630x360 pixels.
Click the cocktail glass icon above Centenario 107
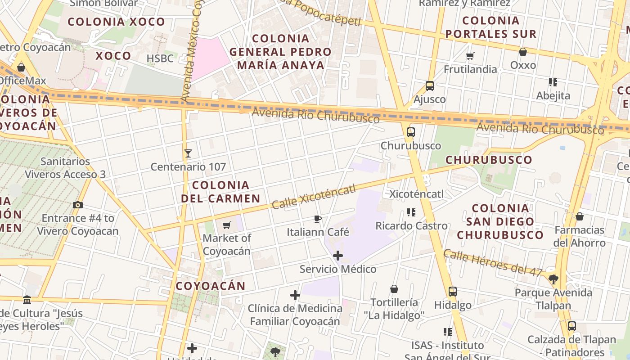188,153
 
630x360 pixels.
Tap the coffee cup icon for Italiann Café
318,219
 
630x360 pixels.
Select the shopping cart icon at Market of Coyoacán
227,225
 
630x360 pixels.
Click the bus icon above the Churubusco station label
410,132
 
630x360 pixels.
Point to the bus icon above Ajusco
430,86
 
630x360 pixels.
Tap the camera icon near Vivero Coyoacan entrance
77,205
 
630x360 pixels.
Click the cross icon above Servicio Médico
338,256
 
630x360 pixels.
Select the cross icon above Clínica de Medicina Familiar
295,295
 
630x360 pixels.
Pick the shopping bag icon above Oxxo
523,52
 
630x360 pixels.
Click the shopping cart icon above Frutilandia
470,56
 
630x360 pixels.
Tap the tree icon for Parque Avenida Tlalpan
553,279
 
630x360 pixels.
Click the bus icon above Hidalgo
453,292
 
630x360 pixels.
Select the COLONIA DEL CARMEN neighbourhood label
220,192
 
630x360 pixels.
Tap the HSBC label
160,58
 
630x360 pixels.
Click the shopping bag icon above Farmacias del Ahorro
580,217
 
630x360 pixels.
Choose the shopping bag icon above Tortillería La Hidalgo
394,289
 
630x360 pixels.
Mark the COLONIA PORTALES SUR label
491,27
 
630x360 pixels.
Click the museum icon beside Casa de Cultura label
27,300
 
